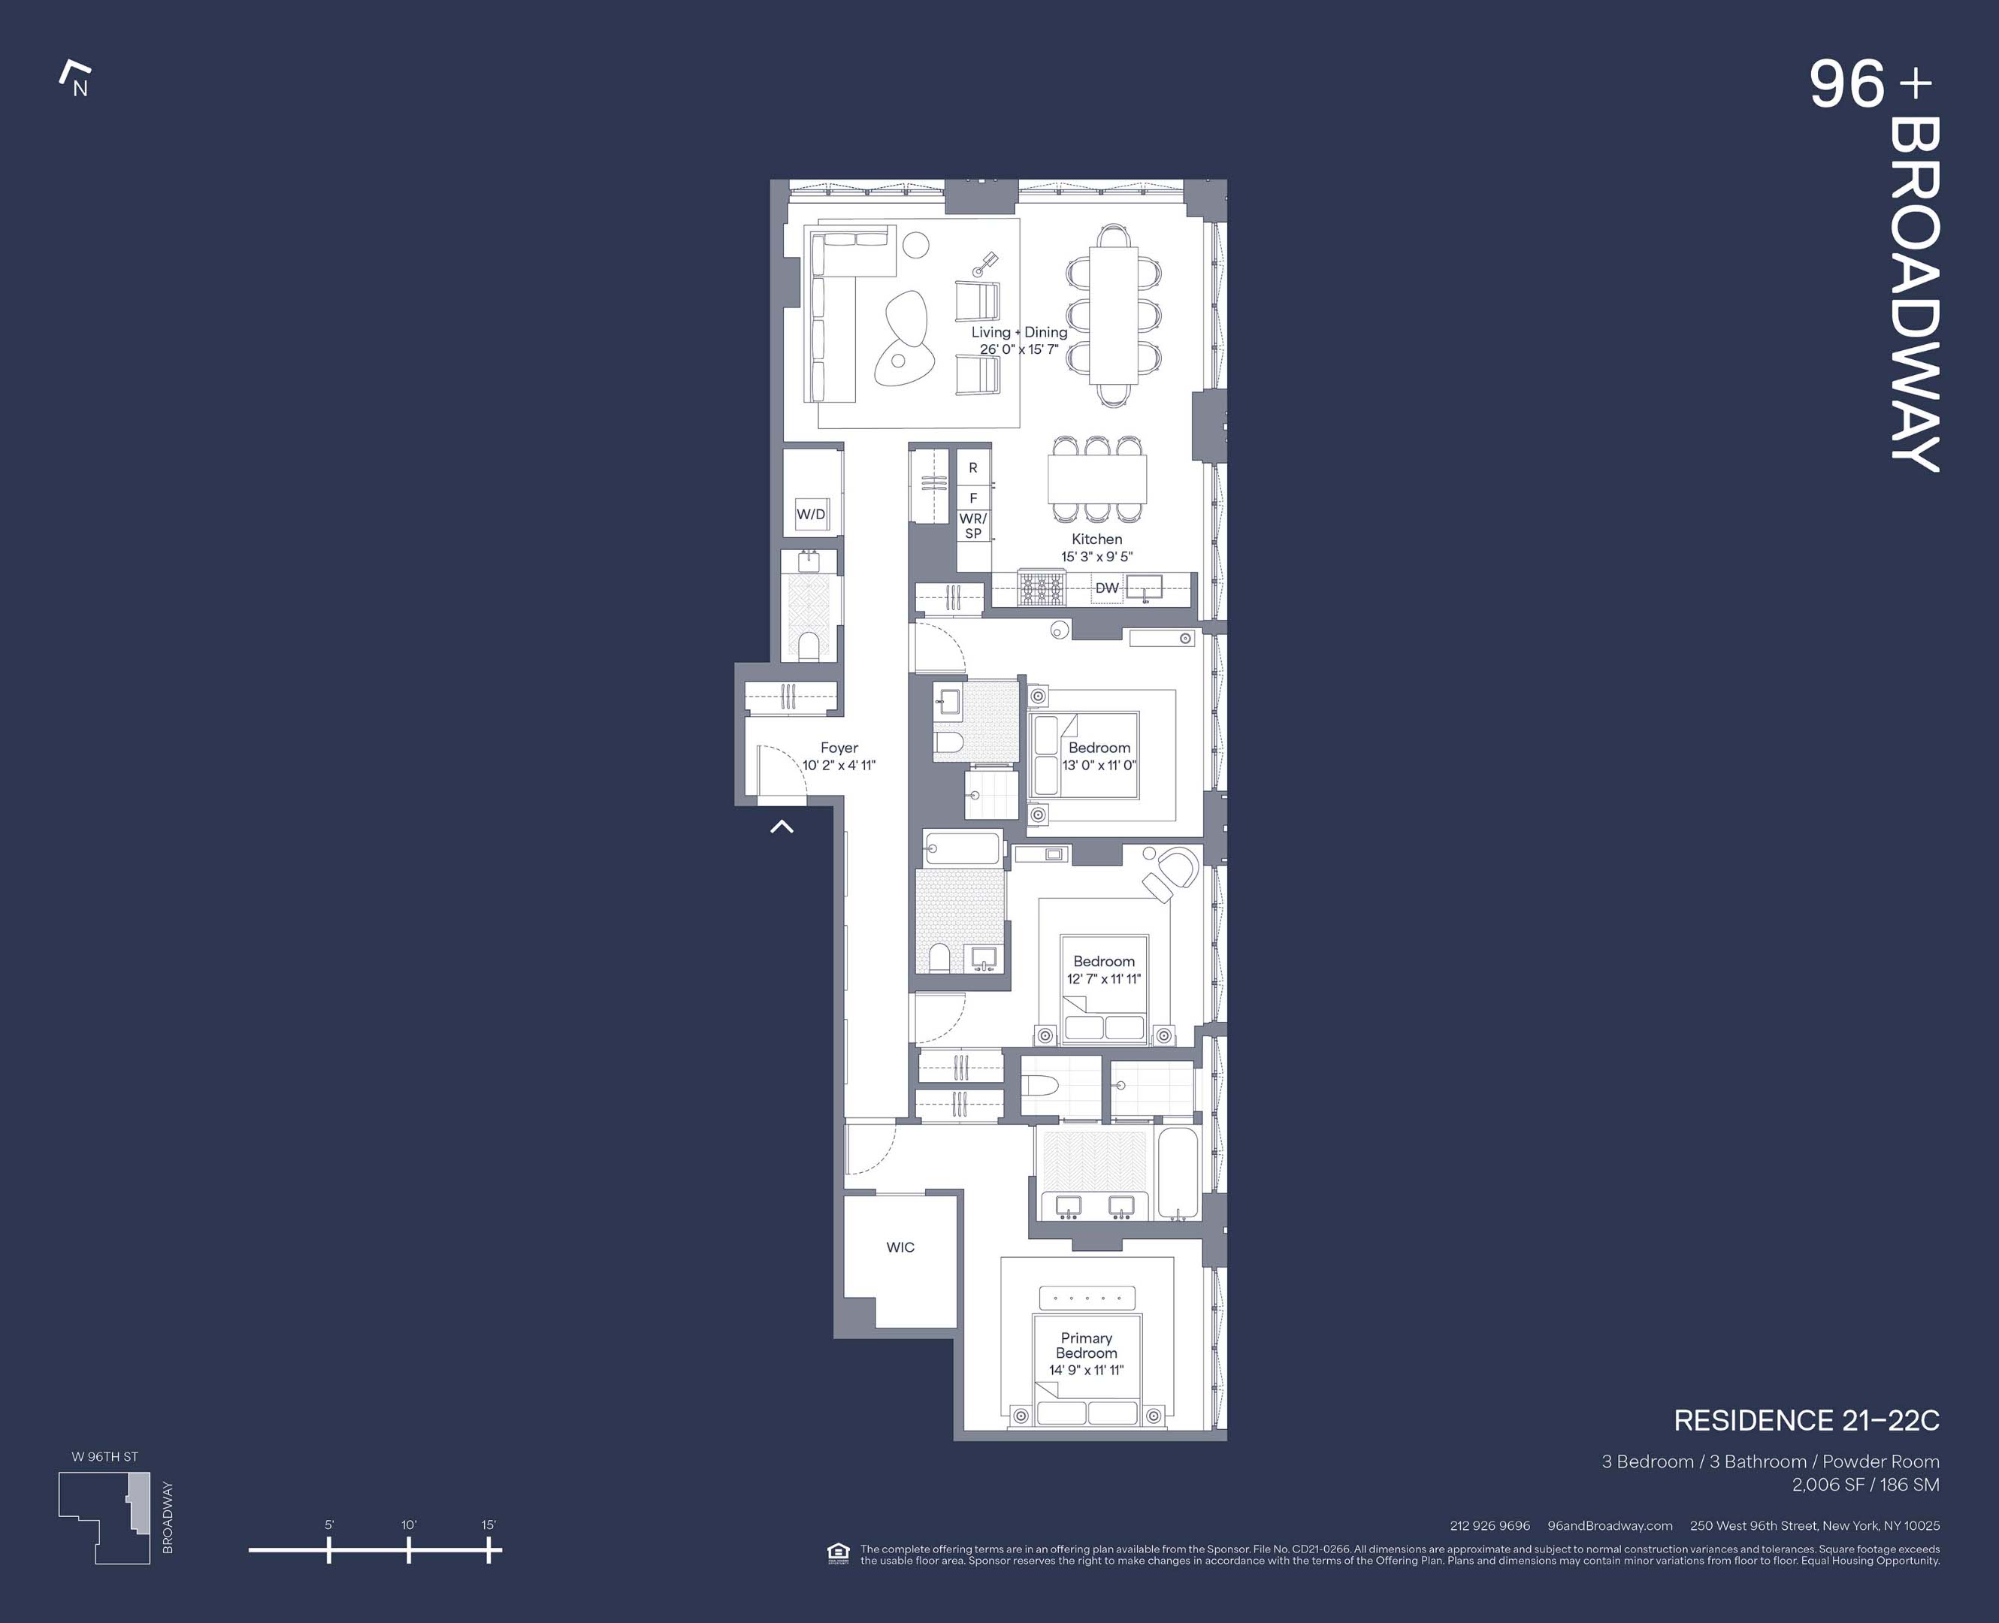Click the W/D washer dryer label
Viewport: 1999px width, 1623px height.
click(x=811, y=514)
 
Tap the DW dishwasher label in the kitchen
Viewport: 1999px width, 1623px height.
click(x=1107, y=588)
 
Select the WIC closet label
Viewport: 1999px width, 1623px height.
click(x=900, y=1247)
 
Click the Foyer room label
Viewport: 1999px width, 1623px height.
click(x=839, y=748)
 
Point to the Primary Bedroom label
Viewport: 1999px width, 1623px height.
click(x=1087, y=1345)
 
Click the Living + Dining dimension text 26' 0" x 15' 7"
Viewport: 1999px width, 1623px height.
click(x=1019, y=349)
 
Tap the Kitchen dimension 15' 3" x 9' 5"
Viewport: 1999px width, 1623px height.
click(x=1096, y=556)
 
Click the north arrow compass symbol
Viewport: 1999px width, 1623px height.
click(x=75, y=79)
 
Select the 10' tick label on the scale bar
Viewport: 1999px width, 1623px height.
click(x=409, y=1525)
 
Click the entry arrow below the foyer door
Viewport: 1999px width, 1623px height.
click(x=782, y=827)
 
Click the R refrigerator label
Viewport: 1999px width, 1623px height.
click(x=972, y=467)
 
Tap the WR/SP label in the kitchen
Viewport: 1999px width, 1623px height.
click(x=973, y=525)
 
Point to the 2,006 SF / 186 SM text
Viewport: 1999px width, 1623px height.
click(x=1865, y=1485)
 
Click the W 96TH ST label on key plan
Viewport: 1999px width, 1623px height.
click(x=104, y=1457)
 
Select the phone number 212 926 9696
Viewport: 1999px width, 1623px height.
click(x=1489, y=1526)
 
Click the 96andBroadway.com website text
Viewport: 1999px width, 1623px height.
click(x=1609, y=1526)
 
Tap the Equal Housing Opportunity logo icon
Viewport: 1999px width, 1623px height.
click(x=839, y=1553)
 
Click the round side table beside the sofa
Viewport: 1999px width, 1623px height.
click(x=915, y=246)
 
